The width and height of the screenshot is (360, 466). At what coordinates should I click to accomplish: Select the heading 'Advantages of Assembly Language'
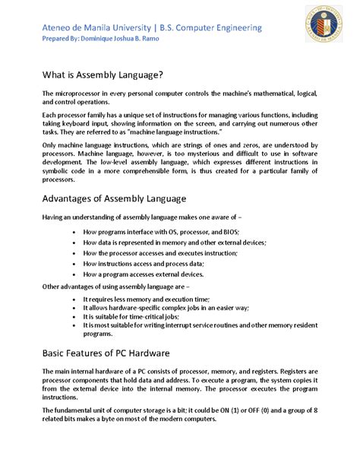(x=114, y=199)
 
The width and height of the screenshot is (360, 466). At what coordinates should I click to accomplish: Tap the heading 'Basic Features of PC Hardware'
(x=106, y=354)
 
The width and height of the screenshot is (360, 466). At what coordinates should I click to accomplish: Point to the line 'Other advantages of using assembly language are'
(x=122, y=287)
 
